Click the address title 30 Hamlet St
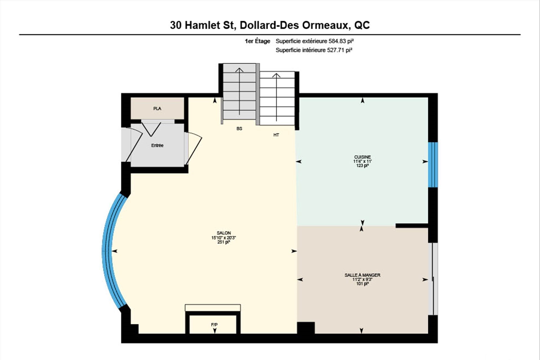pyautogui.click(x=202, y=25)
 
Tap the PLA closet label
pyautogui.click(x=157, y=109)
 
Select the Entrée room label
pyautogui.click(x=157, y=145)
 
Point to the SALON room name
pyautogui.click(x=224, y=233)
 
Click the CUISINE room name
pyautogui.click(x=363, y=157)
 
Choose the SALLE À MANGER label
pyautogui.click(x=363, y=275)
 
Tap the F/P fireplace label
pyautogui.click(x=214, y=325)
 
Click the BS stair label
pyautogui.click(x=239, y=129)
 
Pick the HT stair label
pyautogui.click(x=276, y=135)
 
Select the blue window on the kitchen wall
pyautogui.click(x=433, y=165)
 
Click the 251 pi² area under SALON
pyautogui.click(x=224, y=242)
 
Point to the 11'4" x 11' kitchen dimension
pyautogui.click(x=363, y=161)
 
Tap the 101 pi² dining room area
pyautogui.click(x=363, y=284)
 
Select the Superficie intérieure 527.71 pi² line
pyautogui.click(x=314, y=50)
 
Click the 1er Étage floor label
pyautogui.click(x=257, y=41)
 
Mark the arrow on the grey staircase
pyautogui.click(x=239, y=91)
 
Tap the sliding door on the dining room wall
pyautogui.click(x=433, y=279)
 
